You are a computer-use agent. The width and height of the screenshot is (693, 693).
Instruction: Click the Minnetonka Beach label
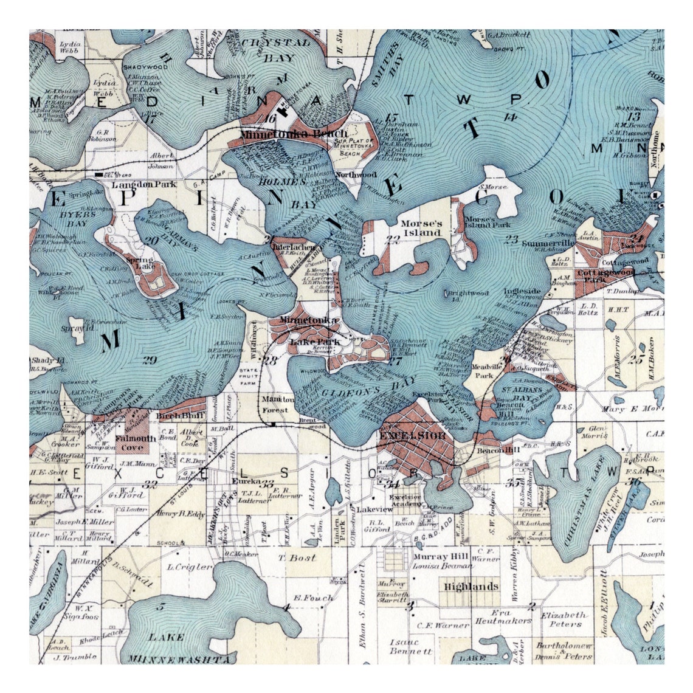coord(294,134)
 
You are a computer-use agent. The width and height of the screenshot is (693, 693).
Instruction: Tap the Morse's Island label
coord(421,228)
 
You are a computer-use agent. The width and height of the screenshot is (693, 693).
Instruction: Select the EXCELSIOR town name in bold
coord(412,436)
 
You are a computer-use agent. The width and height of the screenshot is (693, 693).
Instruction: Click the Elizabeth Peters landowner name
coord(565,619)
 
